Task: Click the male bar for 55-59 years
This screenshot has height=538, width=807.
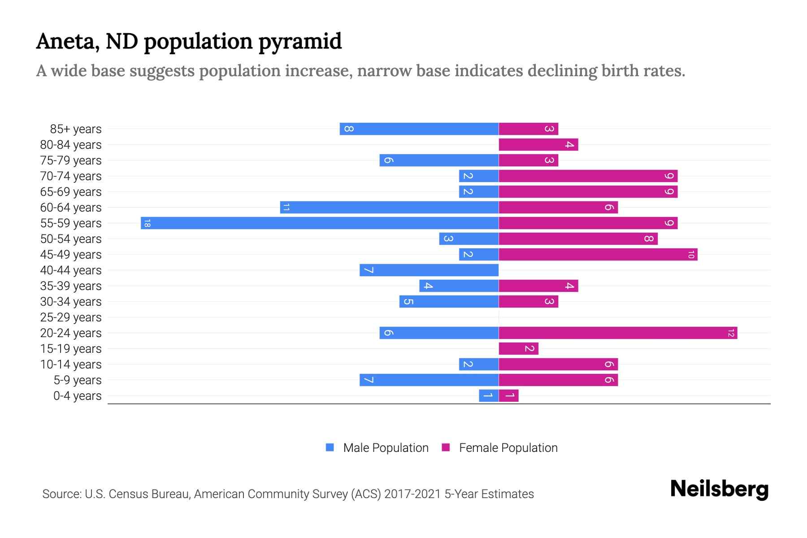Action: tap(320, 223)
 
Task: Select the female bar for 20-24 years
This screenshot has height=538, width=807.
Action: tap(618, 333)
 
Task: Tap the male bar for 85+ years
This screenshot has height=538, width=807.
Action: tap(419, 129)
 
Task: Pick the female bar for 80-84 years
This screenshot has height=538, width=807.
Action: tap(538, 144)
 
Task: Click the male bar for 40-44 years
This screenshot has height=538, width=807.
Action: tap(429, 270)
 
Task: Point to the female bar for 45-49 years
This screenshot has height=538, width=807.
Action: tap(598, 254)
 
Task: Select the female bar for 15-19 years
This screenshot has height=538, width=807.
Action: tap(518, 348)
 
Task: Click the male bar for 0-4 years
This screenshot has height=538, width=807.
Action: tap(489, 395)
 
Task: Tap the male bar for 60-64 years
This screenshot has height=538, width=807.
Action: tap(389, 207)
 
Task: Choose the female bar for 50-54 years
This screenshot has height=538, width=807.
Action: tap(578, 239)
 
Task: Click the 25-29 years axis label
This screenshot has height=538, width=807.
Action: tap(71, 317)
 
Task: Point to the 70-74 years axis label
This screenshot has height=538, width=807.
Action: tap(71, 176)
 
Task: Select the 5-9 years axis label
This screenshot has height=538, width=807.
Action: tap(78, 380)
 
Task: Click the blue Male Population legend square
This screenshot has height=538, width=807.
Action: tap(330, 447)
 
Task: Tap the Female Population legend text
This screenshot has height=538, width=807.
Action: tap(508, 448)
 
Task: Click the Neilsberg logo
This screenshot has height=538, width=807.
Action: tap(719, 489)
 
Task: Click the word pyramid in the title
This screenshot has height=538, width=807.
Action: tap(300, 42)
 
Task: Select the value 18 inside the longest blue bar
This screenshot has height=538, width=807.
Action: tap(147, 223)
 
